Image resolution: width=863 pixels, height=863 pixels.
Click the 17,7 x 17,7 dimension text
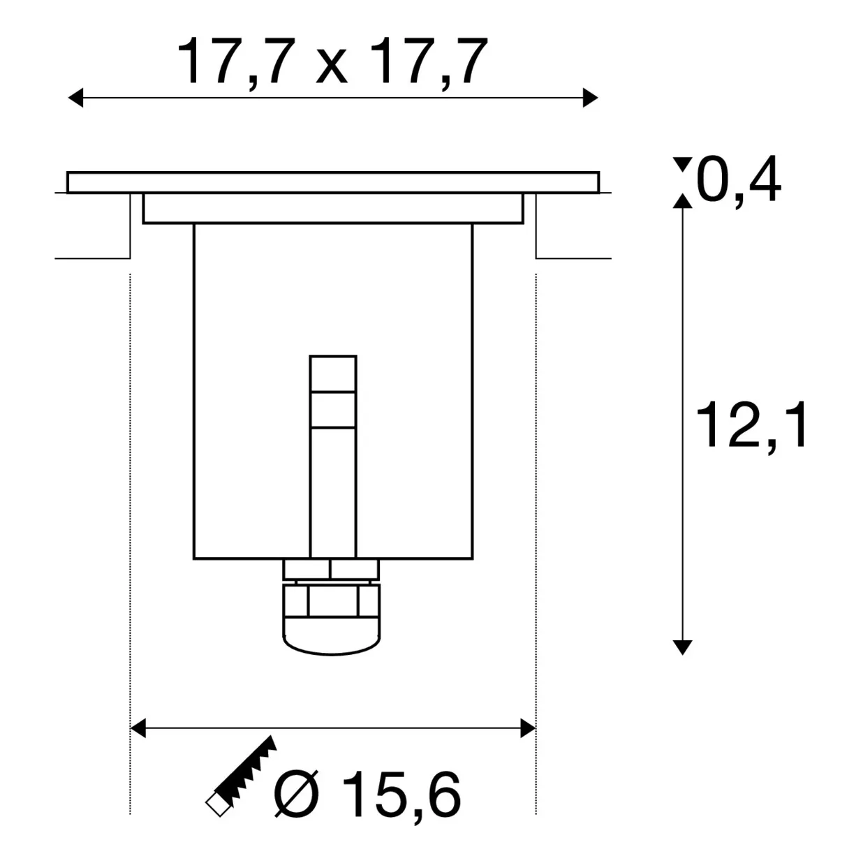[332, 62]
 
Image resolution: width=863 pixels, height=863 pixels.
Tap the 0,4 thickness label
[738, 180]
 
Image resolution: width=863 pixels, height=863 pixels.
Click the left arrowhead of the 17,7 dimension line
[75, 98]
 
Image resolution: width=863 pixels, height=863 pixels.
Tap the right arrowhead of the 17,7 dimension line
[590, 98]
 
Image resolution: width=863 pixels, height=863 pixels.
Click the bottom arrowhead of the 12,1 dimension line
[683, 648]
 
